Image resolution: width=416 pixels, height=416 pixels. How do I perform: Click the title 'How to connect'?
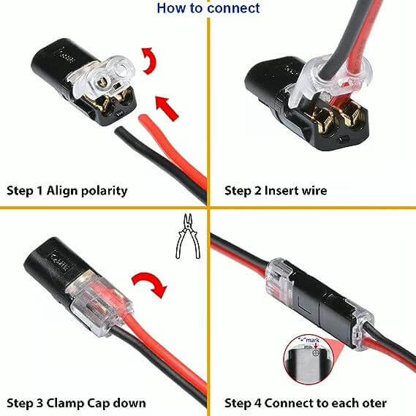pos(208,8)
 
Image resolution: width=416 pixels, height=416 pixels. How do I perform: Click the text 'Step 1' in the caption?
pos(24,191)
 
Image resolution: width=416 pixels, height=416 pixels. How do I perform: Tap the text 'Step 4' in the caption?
pos(242,403)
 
